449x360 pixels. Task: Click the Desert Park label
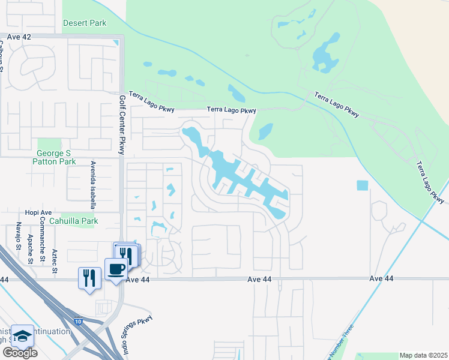coord(85,23)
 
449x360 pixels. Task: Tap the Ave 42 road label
coord(19,37)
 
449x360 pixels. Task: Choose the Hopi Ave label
coord(39,212)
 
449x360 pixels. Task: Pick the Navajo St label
coord(19,235)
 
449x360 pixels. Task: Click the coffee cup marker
coord(115,268)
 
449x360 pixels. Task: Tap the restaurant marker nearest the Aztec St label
coord(89,277)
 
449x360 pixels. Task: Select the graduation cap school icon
coord(23,336)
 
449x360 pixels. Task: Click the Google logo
coord(20,353)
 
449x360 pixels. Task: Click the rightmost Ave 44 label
coord(382,278)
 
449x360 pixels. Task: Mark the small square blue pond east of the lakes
coord(361,185)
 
